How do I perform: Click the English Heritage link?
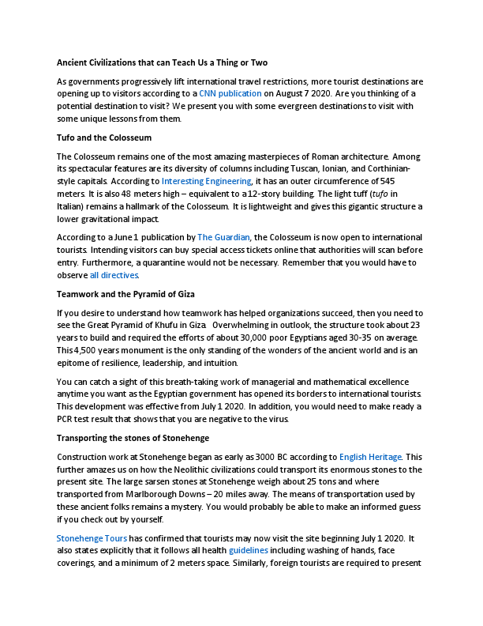click(370, 457)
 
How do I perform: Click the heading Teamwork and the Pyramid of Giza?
click(134, 294)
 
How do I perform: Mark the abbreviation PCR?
click(67, 418)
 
